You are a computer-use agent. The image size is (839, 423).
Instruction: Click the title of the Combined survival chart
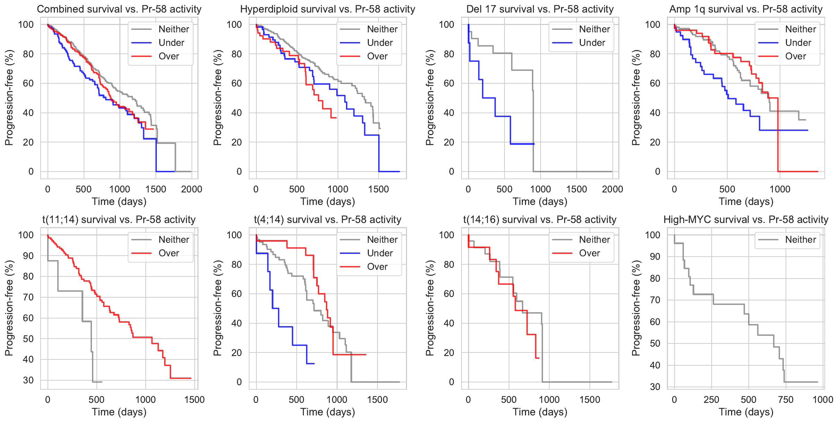click(x=119, y=9)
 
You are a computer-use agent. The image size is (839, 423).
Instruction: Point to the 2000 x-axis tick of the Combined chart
click(x=192, y=189)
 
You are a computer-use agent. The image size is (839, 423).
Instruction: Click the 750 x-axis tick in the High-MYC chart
click(x=786, y=400)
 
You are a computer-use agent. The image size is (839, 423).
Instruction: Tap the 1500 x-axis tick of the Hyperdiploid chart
click(x=378, y=189)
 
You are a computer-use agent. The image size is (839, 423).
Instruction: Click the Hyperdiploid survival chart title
click(x=328, y=9)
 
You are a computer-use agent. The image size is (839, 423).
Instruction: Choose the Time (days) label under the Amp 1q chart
click(x=746, y=201)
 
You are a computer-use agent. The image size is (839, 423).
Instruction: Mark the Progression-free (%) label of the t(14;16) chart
click(x=430, y=308)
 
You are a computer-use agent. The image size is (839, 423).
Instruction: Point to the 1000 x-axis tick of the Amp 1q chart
click(x=780, y=189)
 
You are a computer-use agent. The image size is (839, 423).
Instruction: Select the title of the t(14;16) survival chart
click(x=540, y=219)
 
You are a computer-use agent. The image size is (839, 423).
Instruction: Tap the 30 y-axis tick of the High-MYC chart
click(x=655, y=387)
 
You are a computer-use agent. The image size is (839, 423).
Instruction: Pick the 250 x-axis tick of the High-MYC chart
click(x=711, y=400)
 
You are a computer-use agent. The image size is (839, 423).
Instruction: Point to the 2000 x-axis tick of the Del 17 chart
click(x=612, y=189)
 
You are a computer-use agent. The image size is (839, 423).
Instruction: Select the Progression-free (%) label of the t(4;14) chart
click(x=217, y=308)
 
